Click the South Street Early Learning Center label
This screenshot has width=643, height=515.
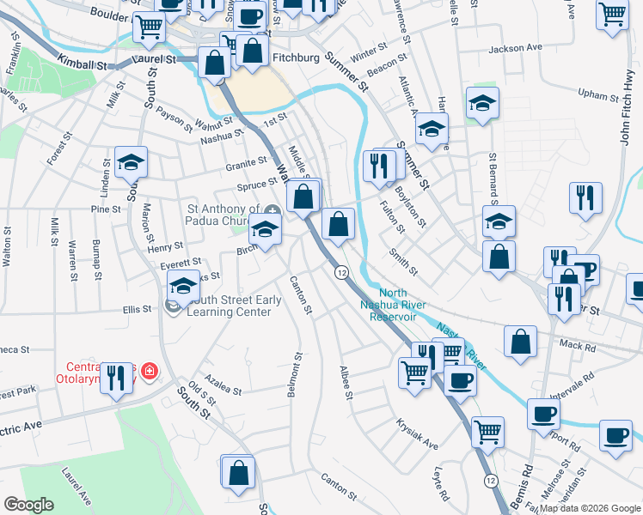pos(224,306)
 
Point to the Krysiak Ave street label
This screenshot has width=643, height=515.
pos(417,435)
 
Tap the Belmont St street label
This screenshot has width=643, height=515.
pos(294,376)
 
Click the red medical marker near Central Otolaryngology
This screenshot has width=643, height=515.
pos(150,371)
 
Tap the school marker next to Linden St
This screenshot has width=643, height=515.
pos(131,162)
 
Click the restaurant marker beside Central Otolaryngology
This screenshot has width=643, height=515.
pos(117,379)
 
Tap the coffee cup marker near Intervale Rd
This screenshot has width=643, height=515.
pos(543,415)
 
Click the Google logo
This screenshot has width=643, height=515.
pos(29,504)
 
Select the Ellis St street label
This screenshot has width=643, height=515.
pos(137,310)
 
